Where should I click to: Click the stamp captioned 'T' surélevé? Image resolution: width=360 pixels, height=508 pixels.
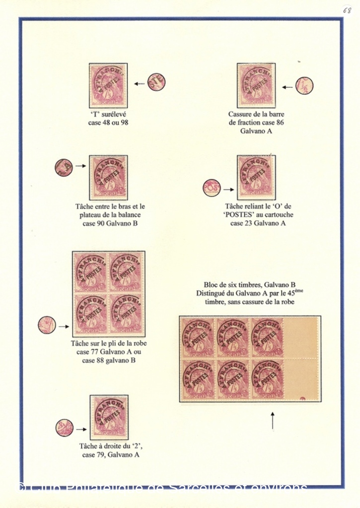pyautogui.click(x=108, y=85)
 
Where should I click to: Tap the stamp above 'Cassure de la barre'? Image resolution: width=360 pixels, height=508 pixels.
pyautogui.click(x=256, y=85)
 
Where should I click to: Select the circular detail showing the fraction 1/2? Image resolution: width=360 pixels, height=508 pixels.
pyautogui.click(x=304, y=86)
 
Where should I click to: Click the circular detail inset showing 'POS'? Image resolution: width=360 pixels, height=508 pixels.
pyautogui.click(x=212, y=189)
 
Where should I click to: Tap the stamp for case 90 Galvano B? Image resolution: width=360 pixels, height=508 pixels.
pyautogui.click(x=108, y=178)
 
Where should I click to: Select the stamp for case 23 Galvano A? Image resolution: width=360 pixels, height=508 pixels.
pyautogui.click(x=256, y=178)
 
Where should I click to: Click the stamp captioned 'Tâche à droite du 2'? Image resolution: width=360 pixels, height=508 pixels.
pyautogui.click(x=109, y=417)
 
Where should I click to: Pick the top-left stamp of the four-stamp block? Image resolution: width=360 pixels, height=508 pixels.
pyautogui.click(x=90, y=272)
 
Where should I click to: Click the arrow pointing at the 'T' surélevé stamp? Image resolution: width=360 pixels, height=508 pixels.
pyautogui.click(x=140, y=84)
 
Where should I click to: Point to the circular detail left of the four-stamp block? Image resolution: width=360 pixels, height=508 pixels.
pyautogui.click(x=47, y=325)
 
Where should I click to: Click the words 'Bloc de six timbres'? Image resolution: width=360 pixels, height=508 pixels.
pyautogui.click(x=238, y=285)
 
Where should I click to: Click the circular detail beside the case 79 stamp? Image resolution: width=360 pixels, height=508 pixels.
pyautogui.click(x=64, y=428)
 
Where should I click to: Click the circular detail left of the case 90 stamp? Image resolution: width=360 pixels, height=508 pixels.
pyautogui.click(x=64, y=167)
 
